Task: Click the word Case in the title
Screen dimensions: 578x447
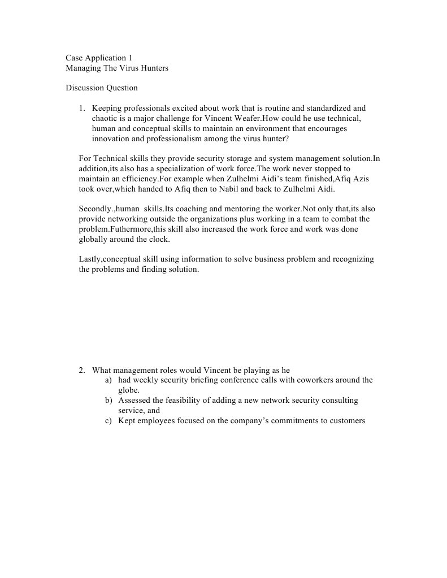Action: tap(74, 58)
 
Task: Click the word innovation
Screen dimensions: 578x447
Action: tap(111, 138)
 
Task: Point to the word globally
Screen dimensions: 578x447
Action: tap(93, 240)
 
